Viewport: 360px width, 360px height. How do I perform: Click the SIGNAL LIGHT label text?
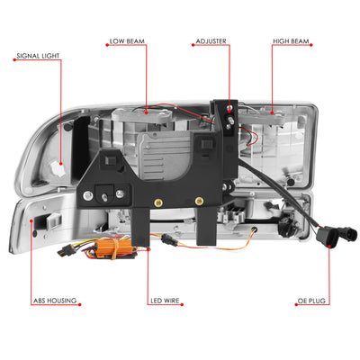click(x=38, y=56)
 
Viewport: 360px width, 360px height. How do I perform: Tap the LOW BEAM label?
click(x=127, y=41)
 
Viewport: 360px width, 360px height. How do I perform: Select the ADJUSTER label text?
click(x=211, y=41)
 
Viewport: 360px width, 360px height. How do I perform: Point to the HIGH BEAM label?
click(x=291, y=41)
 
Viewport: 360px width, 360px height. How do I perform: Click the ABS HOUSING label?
click(x=55, y=301)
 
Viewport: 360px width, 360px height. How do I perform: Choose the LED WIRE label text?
click(x=165, y=301)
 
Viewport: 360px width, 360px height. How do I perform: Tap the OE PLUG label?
click(x=311, y=301)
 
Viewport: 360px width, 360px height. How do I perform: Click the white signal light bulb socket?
click(x=57, y=168)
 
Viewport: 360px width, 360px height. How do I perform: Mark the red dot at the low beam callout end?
click(x=147, y=113)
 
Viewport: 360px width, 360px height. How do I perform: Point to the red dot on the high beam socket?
click(x=272, y=113)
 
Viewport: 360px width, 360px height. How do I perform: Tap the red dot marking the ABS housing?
click(x=31, y=220)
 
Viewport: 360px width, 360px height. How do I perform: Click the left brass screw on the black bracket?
click(x=157, y=202)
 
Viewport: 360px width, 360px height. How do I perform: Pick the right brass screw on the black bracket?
click(x=198, y=201)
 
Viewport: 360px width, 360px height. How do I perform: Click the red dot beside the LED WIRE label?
click(x=183, y=305)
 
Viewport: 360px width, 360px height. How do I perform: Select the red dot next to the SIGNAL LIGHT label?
click(x=14, y=60)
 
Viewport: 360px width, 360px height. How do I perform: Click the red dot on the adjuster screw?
click(x=229, y=112)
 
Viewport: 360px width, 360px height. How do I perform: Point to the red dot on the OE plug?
click(x=328, y=247)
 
